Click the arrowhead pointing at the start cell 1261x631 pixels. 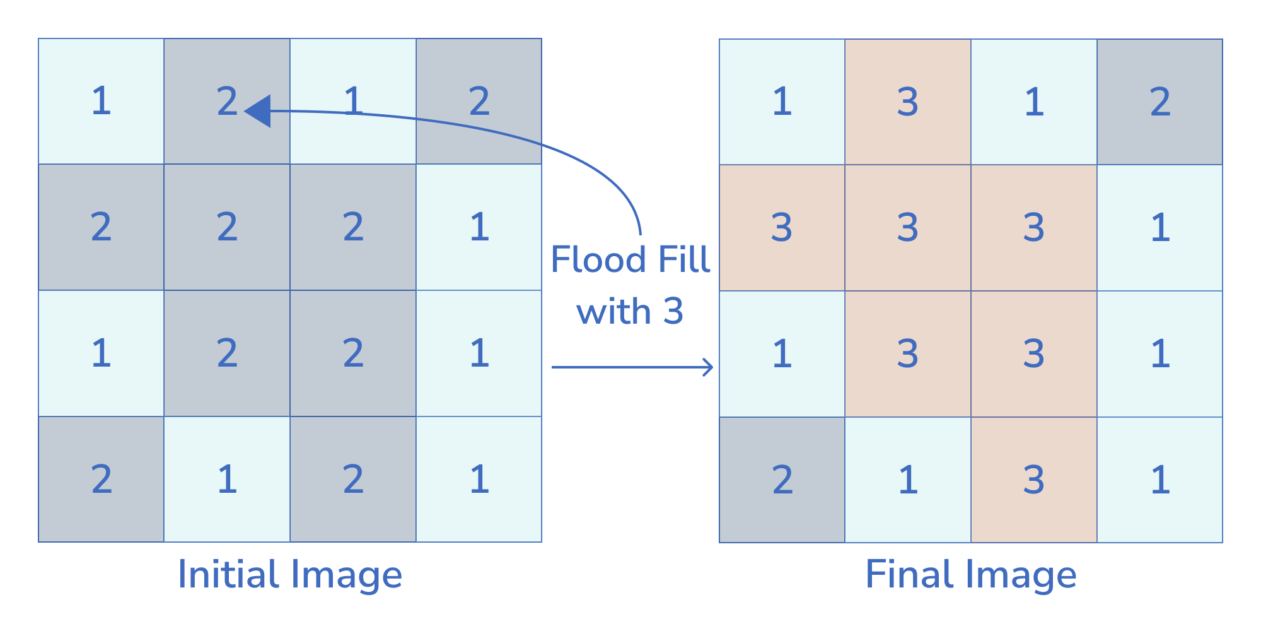point(259,111)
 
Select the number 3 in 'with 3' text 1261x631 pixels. point(673,311)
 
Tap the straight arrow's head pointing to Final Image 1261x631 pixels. point(709,367)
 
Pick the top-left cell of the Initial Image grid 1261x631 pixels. point(101,101)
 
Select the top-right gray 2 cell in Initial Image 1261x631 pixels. point(479,101)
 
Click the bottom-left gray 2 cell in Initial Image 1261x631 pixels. point(101,480)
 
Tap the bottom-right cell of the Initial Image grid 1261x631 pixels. point(479,480)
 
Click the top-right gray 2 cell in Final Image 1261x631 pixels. point(1160,102)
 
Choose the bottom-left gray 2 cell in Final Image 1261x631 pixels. point(782,480)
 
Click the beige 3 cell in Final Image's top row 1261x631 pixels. point(908,102)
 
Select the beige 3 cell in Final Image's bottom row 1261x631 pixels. point(1034,480)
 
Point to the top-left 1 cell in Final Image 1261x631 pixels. point(782,102)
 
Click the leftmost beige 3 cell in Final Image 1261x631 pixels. point(782,228)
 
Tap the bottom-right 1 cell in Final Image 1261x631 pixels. point(1160,480)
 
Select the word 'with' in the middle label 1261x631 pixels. point(613,311)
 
